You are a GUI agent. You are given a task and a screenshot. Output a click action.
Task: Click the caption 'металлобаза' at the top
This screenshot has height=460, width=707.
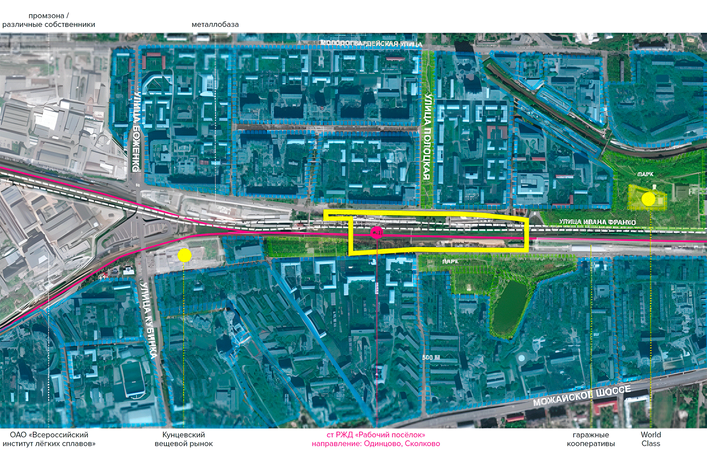tap(215, 25)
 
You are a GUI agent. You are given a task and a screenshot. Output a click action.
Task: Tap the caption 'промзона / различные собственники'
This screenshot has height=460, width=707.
tap(49, 20)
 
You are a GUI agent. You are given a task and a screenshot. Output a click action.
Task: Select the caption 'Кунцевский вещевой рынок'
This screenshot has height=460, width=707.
tap(183, 439)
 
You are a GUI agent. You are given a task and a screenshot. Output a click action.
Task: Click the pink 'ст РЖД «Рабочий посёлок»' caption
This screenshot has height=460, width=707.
tap(376, 435)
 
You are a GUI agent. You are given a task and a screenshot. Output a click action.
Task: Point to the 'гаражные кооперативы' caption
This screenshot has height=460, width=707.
tap(591, 439)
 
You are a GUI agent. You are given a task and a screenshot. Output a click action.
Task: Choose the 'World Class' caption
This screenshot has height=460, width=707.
tap(651, 439)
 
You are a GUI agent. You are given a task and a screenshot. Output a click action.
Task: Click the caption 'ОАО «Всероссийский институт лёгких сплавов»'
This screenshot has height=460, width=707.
tap(49, 439)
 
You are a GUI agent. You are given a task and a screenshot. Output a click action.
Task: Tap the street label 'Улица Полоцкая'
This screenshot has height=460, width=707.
tap(427, 136)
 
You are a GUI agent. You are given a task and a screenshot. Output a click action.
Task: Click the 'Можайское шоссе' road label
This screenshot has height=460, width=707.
tap(582, 396)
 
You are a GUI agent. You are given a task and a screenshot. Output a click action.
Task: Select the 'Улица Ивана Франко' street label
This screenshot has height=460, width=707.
tap(597, 222)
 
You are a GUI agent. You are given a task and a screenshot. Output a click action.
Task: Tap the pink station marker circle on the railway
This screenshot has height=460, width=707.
tap(376, 232)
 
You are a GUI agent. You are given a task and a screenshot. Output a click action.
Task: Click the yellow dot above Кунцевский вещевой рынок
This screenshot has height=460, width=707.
tap(184, 255)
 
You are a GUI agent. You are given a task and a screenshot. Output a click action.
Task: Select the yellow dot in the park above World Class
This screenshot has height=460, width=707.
tap(648, 199)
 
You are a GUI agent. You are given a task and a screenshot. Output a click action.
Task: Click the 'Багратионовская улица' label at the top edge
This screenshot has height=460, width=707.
tap(371, 43)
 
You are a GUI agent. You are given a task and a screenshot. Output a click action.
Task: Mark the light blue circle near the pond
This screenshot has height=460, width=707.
tap(521, 358)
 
